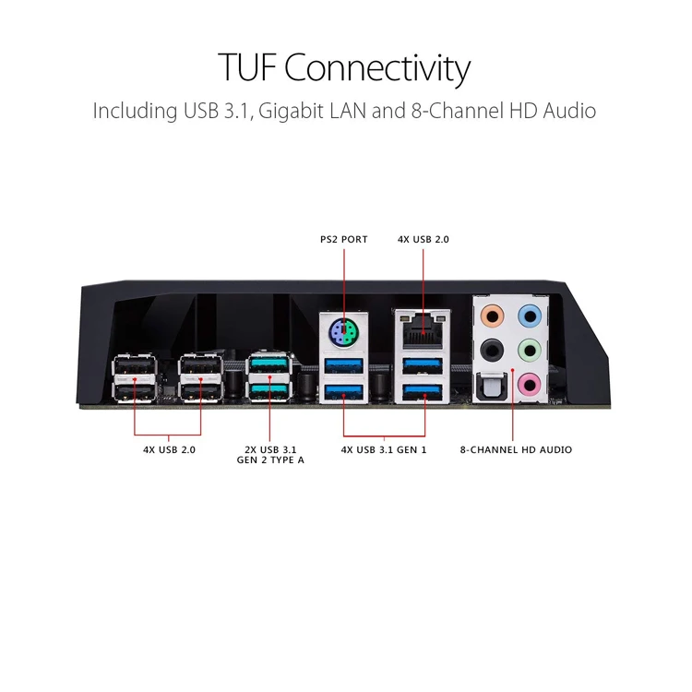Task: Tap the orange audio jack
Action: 492,316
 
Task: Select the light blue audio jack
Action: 530,316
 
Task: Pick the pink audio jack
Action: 529,385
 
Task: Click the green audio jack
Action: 530,351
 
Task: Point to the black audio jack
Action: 492,351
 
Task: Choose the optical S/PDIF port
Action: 491,387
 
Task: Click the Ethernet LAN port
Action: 424,329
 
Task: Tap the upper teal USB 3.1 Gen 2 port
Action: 269,364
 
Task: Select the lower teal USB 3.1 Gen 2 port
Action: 269,391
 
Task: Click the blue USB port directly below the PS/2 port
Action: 344,366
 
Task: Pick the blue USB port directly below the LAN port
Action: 423,366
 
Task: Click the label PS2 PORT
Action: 344,239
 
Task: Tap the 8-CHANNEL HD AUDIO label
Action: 516,449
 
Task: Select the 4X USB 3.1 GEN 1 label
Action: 384,449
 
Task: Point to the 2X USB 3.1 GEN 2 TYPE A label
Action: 270,455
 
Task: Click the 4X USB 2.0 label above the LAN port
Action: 424,239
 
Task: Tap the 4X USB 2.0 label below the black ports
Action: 169,449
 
